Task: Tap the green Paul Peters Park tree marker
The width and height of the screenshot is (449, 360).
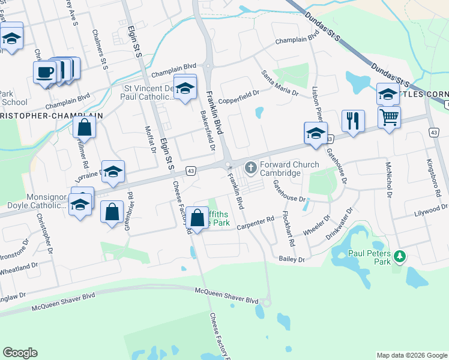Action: point(399,257)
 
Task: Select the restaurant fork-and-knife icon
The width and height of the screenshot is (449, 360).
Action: point(353,121)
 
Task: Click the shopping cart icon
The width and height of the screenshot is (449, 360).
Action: point(390,116)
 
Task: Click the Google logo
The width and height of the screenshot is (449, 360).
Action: point(20,352)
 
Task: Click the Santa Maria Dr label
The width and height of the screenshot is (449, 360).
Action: point(279,83)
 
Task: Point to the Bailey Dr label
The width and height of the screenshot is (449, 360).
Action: point(292,259)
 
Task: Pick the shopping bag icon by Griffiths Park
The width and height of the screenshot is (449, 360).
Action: point(197,219)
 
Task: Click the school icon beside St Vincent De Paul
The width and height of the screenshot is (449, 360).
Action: point(185,88)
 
